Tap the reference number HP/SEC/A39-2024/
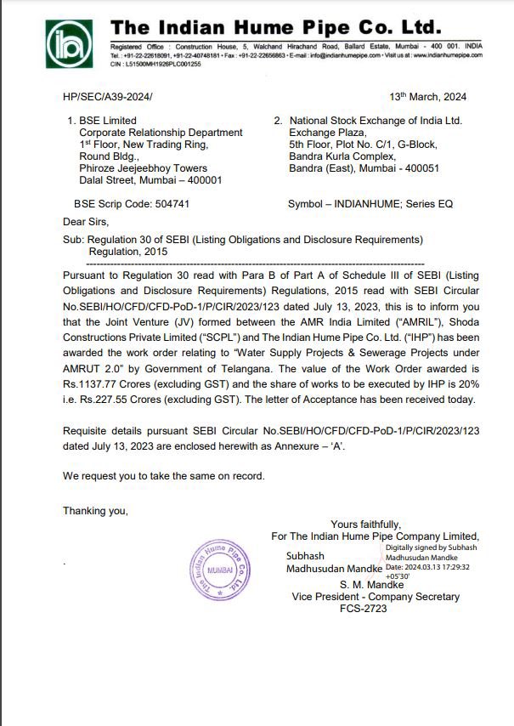click(x=108, y=98)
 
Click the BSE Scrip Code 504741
click(x=132, y=204)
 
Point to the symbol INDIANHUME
click(x=365, y=204)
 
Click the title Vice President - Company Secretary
click(x=375, y=597)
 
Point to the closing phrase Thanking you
click(x=96, y=511)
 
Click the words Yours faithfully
click(x=365, y=525)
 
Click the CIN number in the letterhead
click(x=155, y=63)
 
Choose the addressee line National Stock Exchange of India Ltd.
click(x=375, y=121)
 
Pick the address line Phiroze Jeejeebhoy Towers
click(x=143, y=168)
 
